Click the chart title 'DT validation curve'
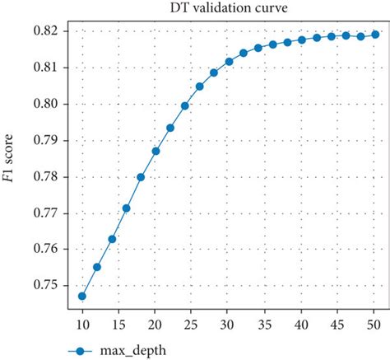[225, 9]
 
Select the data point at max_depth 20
[156, 151]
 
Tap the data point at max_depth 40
[302, 40]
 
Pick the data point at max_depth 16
[126, 208]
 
